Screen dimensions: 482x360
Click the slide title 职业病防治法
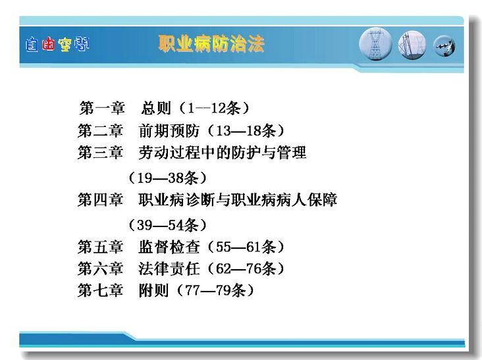tap(211, 43)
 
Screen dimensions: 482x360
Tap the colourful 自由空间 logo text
tap(57, 44)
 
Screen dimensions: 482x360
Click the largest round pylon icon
tap(375, 43)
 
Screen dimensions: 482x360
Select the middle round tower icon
tap(412, 45)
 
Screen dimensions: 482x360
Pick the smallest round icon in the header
tap(444, 46)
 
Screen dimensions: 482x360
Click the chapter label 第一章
tap(102, 108)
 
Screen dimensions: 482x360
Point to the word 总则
tap(156, 108)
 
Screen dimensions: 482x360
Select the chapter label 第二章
tap(101, 130)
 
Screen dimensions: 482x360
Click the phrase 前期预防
tap(169, 130)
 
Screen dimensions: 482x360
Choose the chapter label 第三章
tap(101, 152)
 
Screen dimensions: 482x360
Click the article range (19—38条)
tap(167, 178)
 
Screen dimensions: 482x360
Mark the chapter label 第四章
tap(101, 199)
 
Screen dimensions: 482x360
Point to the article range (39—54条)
tap(167, 225)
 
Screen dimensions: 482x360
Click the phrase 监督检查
tap(169, 247)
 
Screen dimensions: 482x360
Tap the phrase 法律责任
tap(169, 269)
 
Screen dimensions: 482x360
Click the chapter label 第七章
tap(101, 290)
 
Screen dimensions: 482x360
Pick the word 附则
tap(153, 290)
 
